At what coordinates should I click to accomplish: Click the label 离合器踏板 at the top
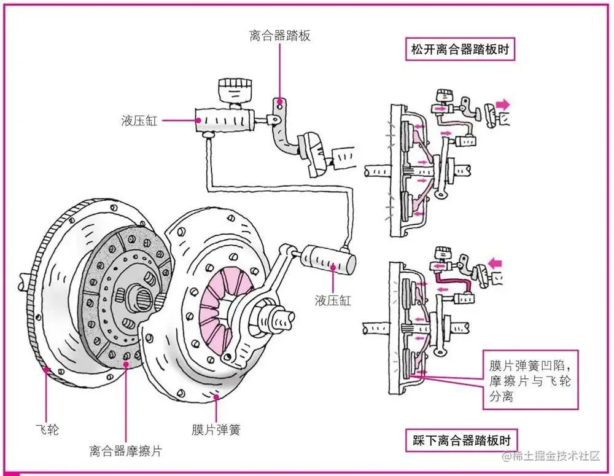pyautogui.click(x=279, y=36)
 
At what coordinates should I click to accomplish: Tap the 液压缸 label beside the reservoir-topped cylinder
pyautogui.click(x=139, y=120)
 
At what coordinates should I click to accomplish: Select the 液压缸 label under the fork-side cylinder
pyautogui.click(x=333, y=300)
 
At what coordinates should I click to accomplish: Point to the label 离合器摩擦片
pyautogui.click(x=126, y=451)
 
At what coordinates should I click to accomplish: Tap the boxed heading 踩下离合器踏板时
pyautogui.click(x=460, y=440)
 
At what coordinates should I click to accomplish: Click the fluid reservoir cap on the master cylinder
pyautogui.click(x=234, y=86)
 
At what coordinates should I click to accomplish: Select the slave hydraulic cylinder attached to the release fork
pyautogui.click(x=328, y=259)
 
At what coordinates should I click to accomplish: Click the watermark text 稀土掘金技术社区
pyautogui.click(x=555, y=456)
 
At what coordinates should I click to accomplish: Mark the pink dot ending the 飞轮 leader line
pyautogui.click(x=46, y=370)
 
